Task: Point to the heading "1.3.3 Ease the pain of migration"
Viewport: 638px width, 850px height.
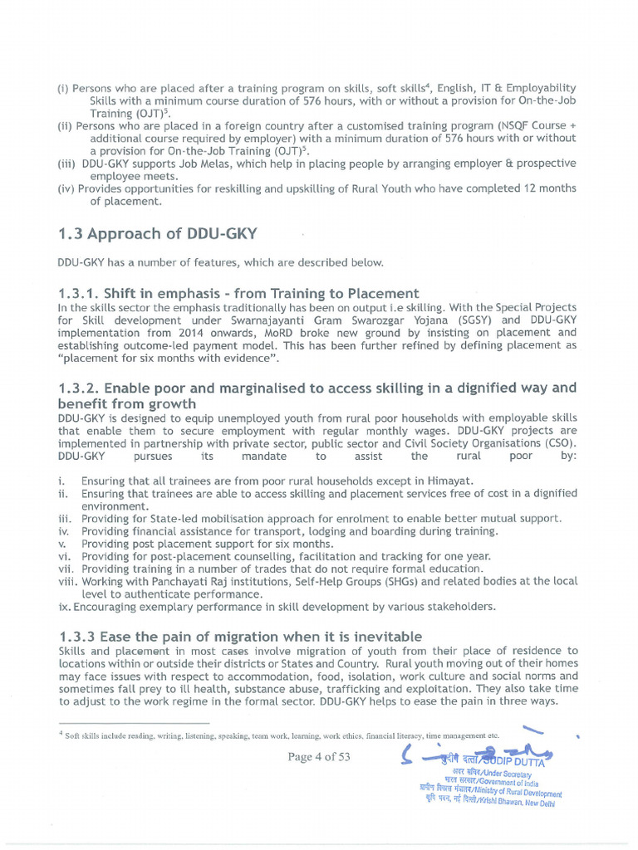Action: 240,636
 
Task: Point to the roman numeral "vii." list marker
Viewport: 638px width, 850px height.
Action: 66,569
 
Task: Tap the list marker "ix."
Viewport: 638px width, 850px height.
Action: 65,606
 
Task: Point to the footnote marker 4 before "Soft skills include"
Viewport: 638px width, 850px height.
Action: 61,734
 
